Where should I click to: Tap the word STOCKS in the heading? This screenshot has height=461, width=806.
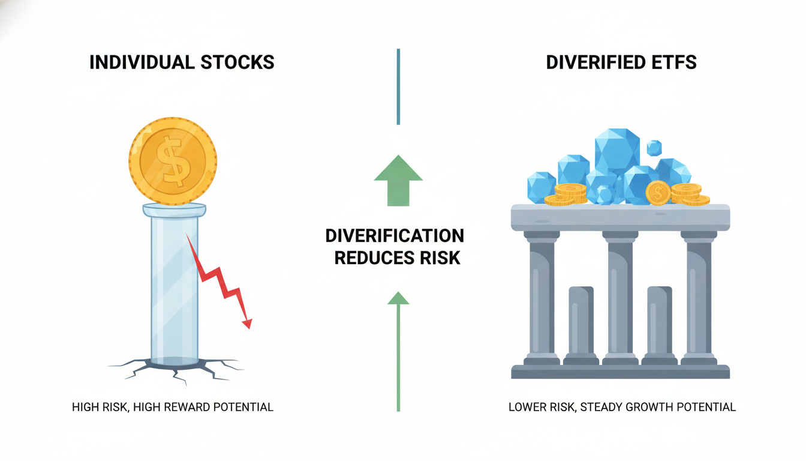coord(237,62)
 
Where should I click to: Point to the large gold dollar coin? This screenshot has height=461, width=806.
coord(173,161)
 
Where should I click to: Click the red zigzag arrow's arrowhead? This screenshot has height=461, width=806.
coord(247,324)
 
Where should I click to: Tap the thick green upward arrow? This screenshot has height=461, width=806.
coord(398,181)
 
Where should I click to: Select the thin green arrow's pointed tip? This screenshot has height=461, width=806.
coord(398,292)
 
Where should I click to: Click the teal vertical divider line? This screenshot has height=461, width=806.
coord(398,87)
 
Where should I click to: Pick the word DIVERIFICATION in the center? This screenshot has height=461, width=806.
coord(395,236)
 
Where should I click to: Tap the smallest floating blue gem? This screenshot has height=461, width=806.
coord(654,148)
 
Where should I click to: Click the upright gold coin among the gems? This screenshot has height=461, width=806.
coord(658,193)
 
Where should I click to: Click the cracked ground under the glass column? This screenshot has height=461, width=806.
coord(176,369)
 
